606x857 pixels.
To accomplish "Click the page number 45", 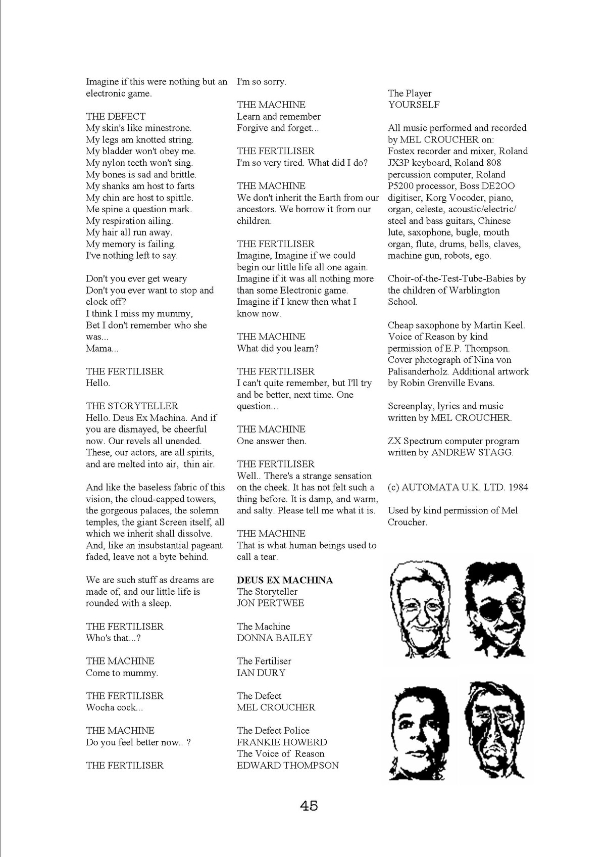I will click(309, 805).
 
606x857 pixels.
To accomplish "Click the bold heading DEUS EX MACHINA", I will click(285, 580).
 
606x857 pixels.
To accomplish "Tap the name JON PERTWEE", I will click(271, 603).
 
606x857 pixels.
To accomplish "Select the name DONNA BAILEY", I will click(275, 638).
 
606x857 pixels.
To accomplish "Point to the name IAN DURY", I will click(261, 673).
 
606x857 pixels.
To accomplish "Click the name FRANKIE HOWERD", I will click(282, 742).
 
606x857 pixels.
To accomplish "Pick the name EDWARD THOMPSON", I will click(288, 766).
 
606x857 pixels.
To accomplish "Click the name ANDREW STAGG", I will click(472, 453).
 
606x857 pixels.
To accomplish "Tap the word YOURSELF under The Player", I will click(414, 105).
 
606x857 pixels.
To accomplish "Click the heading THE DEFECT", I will click(116, 117).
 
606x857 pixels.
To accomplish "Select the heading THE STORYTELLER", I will click(132, 406).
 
